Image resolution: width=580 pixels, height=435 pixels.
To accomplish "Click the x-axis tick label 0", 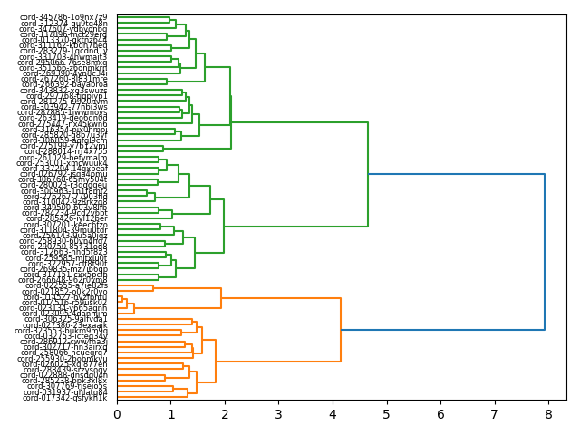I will (x=117, y=414).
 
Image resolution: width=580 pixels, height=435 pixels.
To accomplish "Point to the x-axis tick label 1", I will (x=170, y=414).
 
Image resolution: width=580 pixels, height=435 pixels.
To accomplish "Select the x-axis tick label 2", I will (x=225, y=414).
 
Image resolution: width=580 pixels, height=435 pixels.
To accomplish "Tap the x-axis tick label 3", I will (x=278, y=414).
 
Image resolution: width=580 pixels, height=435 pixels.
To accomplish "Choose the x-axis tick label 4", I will (x=333, y=414).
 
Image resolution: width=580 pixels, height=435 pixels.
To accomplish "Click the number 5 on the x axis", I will (x=387, y=414).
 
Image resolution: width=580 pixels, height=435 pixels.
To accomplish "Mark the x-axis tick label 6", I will (x=440, y=414).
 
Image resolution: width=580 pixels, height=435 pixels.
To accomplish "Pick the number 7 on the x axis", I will (x=495, y=414).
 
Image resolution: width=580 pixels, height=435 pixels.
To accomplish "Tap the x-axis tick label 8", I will (x=548, y=414).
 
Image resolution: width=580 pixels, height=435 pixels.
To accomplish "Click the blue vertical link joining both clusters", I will (x=545, y=252).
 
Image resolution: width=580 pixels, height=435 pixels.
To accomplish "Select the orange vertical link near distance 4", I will (x=341, y=329).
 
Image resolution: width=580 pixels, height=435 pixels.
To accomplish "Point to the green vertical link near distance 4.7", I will (x=368, y=174).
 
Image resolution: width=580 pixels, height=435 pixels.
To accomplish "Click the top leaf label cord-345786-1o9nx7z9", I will (x=66, y=17).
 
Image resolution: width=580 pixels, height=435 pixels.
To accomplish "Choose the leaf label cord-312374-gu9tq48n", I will (x=66, y=24).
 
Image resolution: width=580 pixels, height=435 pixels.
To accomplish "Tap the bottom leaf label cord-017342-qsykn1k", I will (x=66, y=398).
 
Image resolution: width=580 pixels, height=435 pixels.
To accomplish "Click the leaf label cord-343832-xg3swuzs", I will (x=66, y=91).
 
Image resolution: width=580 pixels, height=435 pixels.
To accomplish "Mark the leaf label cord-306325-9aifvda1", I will (x=66, y=319).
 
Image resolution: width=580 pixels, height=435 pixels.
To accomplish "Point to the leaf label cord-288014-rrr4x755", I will (x=66, y=151).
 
